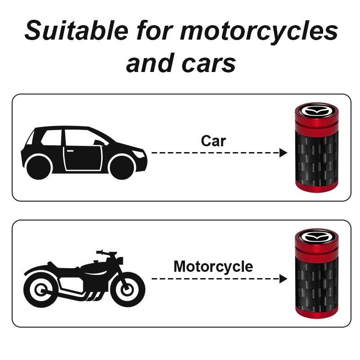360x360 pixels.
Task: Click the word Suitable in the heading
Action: (76, 31)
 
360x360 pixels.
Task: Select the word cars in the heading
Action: (209, 63)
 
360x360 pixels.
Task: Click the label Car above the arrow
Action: (213, 141)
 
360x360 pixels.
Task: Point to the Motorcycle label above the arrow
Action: (213, 267)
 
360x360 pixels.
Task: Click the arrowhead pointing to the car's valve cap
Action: (283, 153)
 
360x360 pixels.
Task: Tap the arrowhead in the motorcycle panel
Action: (283, 279)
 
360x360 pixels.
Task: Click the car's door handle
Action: (70, 151)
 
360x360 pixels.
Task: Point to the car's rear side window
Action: (51, 138)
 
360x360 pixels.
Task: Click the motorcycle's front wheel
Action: (127, 289)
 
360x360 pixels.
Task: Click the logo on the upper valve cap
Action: (316, 111)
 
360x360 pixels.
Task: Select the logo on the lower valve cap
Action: (316, 237)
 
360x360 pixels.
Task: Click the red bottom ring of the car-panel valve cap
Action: (317, 187)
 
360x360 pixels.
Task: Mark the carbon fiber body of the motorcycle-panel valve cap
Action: (317, 284)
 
